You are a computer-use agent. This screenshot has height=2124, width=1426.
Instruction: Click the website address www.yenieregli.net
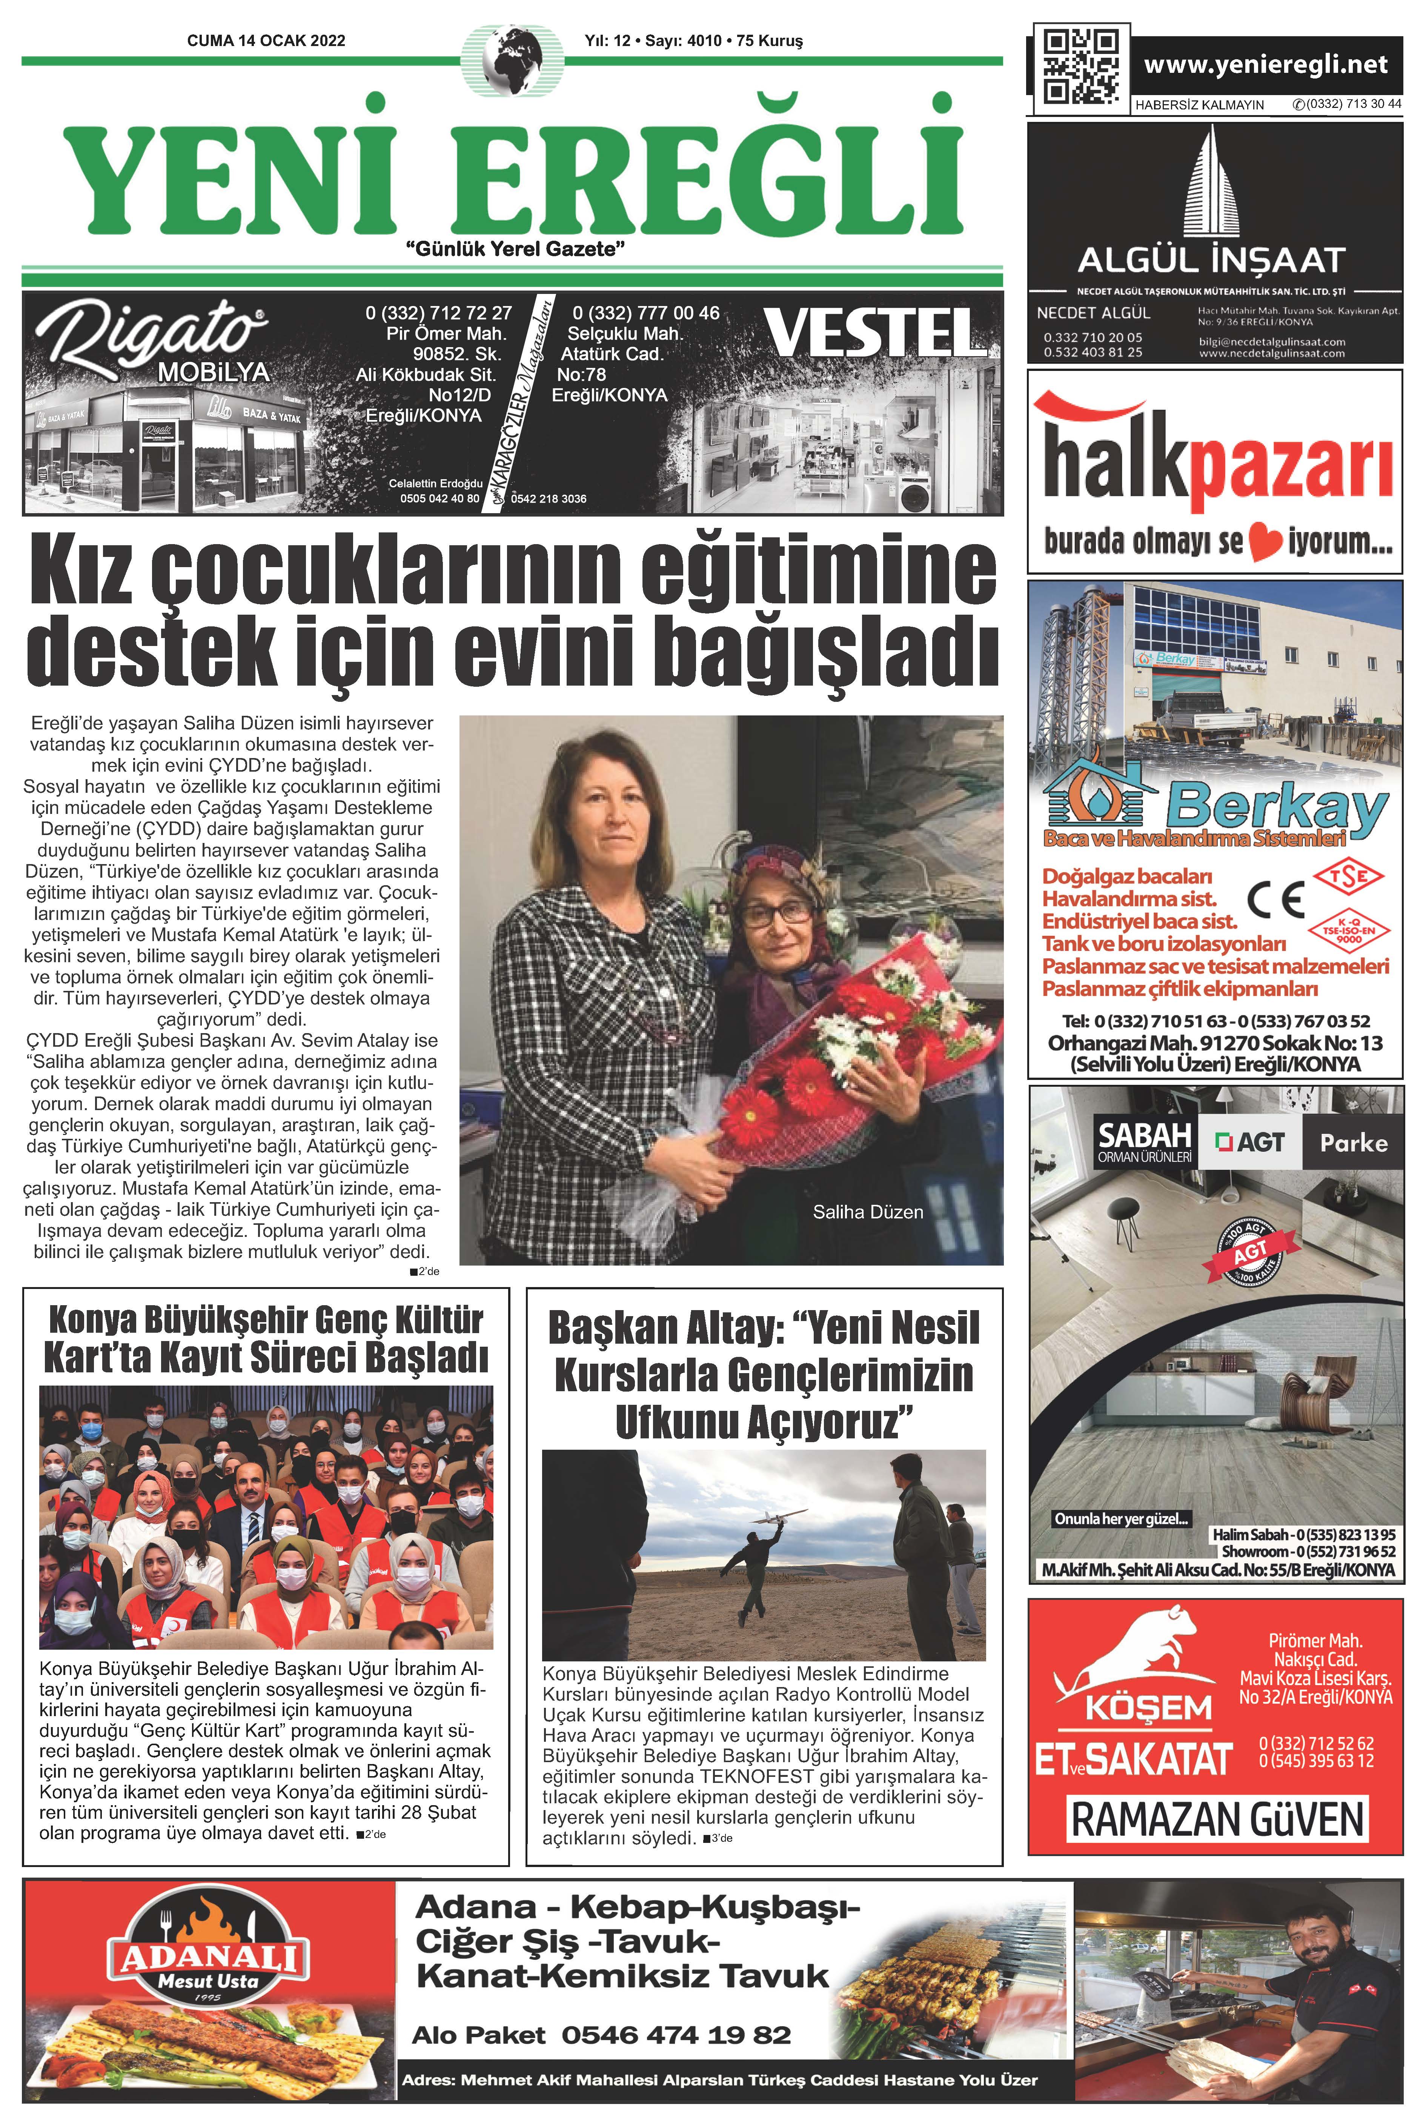pos(1265,65)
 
